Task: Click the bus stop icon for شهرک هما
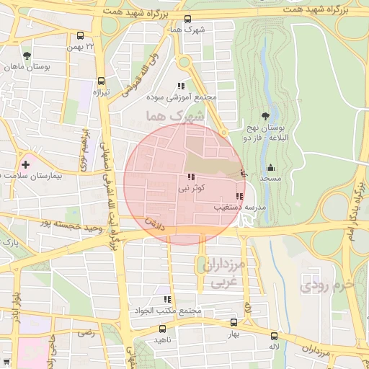point(188,19)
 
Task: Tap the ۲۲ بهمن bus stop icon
point(80,35)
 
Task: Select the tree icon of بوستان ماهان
point(27,55)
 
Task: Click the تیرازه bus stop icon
point(101,81)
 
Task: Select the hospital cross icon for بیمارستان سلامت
point(26,164)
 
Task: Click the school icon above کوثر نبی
point(191,177)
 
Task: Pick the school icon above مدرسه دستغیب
point(239,196)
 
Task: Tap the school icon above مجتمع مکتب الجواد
point(167,299)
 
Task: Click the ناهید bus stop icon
point(162,329)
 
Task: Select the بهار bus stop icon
point(233,323)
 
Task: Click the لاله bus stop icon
point(274,336)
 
